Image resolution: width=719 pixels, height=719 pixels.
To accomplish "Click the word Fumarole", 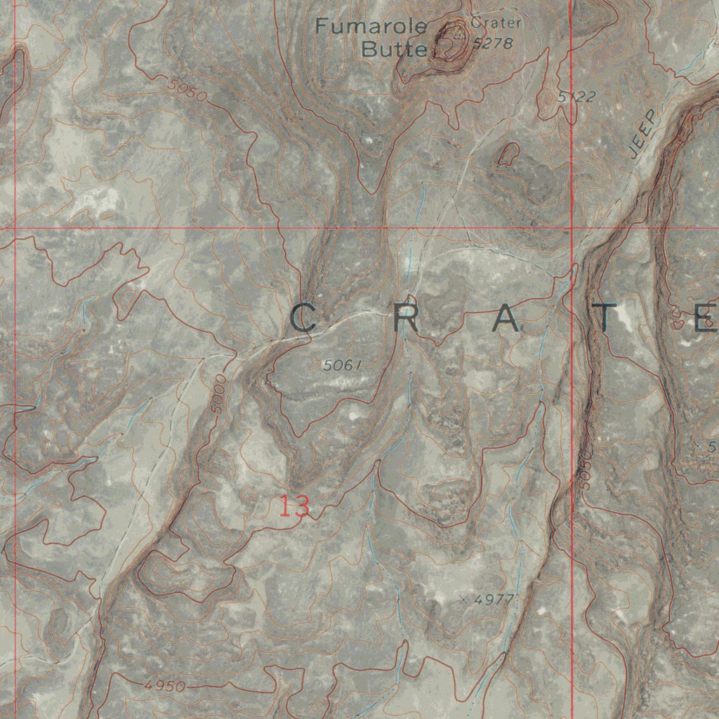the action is pyautogui.click(x=371, y=27).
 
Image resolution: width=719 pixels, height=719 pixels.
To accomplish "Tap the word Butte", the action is pyautogui.click(x=394, y=50).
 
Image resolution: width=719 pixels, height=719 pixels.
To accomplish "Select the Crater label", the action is pyautogui.click(x=497, y=23).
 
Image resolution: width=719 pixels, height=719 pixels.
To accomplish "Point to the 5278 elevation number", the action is pyautogui.click(x=494, y=44).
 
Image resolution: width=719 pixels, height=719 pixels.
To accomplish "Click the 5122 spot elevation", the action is pyautogui.click(x=577, y=97).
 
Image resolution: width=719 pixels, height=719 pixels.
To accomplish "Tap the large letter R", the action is pyautogui.click(x=406, y=319).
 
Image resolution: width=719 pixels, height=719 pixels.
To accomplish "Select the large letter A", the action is pyautogui.click(x=507, y=319).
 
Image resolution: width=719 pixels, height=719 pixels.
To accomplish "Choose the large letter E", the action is pyautogui.click(x=705, y=319).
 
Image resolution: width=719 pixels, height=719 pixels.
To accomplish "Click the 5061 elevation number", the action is pyautogui.click(x=343, y=365).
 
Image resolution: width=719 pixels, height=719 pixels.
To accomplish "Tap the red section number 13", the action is pyautogui.click(x=294, y=506).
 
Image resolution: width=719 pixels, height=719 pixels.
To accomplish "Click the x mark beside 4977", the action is pyautogui.click(x=464, y=600).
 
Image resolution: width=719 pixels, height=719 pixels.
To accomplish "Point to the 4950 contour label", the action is pyautogui.click(x=166, y=686).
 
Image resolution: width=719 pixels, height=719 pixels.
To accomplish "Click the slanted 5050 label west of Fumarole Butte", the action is pyautogui.click(x=187, y=91).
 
